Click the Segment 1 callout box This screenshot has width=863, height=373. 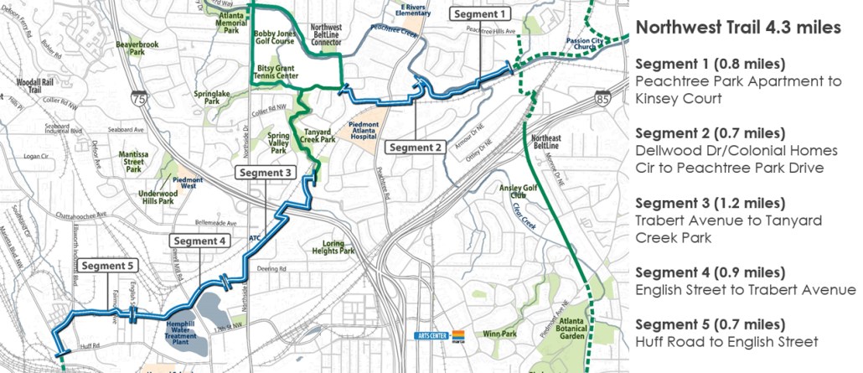coord(479,13)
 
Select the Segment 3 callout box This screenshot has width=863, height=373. coord(266,173)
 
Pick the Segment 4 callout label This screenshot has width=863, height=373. coord(199,241)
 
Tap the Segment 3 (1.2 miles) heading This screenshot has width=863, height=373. coord(711,204)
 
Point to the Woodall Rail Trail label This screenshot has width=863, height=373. coord(34,88)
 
